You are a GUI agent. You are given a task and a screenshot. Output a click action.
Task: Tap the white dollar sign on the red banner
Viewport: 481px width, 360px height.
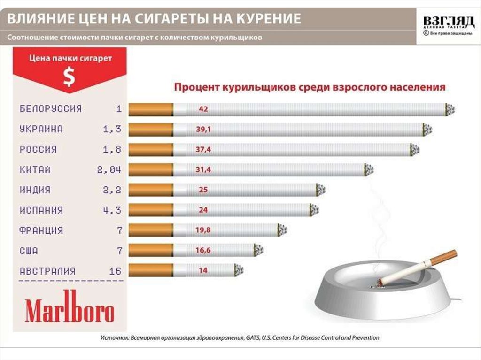coord(69,77)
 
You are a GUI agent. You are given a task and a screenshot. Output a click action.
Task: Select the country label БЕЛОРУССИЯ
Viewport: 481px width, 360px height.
coord(51,109)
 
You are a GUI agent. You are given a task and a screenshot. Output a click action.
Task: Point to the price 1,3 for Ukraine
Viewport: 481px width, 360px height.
coord(112,130)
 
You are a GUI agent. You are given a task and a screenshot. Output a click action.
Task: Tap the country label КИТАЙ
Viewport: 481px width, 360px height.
coord(35,170)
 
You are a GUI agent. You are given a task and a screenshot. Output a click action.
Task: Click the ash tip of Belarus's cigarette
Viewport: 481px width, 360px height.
coord(450,110)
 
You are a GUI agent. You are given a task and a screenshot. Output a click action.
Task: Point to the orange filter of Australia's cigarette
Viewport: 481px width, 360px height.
coord(150,271)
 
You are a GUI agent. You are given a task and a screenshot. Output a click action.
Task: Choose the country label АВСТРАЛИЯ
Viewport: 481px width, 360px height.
coord(47,271)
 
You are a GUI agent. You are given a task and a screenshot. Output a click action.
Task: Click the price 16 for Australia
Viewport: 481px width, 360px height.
coord(115,271)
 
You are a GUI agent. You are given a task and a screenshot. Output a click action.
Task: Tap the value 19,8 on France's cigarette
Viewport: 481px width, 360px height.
coord(203,230)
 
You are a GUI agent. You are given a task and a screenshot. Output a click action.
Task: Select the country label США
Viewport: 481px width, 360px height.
coord(29,251)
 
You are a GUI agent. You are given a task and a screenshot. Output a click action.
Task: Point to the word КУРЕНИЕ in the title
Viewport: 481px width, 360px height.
coord(263,19)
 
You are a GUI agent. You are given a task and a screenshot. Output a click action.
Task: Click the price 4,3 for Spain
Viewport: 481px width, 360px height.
coord(112,210)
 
